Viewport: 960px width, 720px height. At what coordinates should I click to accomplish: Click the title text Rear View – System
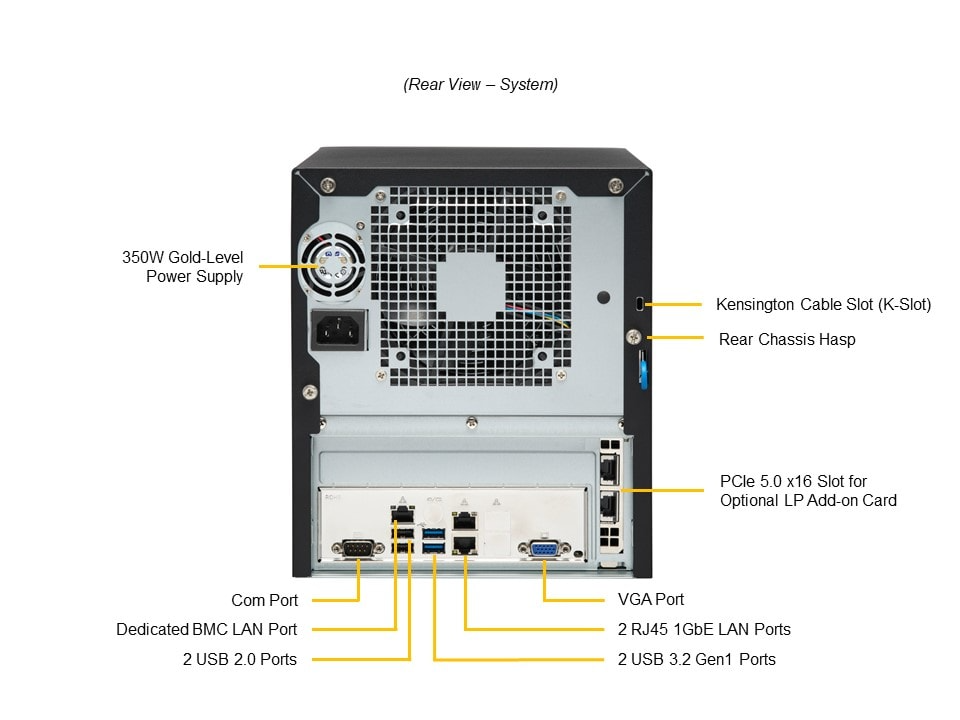point(481,85)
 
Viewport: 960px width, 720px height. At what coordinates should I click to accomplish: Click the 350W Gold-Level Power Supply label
point(182,267)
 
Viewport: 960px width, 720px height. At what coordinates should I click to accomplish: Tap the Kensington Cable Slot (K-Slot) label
point(823,304)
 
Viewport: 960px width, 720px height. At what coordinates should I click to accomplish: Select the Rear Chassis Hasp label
point(787,339)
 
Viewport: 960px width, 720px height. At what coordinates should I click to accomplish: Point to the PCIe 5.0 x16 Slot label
point(808,490)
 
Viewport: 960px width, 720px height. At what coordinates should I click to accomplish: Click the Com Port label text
point(264,600)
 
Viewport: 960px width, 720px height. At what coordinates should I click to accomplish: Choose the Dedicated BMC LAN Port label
point(206,629)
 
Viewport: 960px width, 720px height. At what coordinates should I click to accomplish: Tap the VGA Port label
point(651,600)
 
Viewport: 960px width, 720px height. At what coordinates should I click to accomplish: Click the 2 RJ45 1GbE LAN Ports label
point(704,629)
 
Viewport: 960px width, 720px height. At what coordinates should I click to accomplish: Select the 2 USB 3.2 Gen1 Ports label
point(696,659)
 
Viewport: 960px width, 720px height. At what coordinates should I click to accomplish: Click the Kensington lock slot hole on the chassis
point(638,303)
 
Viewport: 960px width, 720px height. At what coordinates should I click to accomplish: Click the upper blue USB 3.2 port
point(433,532)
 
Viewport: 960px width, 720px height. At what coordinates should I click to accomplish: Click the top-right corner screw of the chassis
point(618,184)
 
